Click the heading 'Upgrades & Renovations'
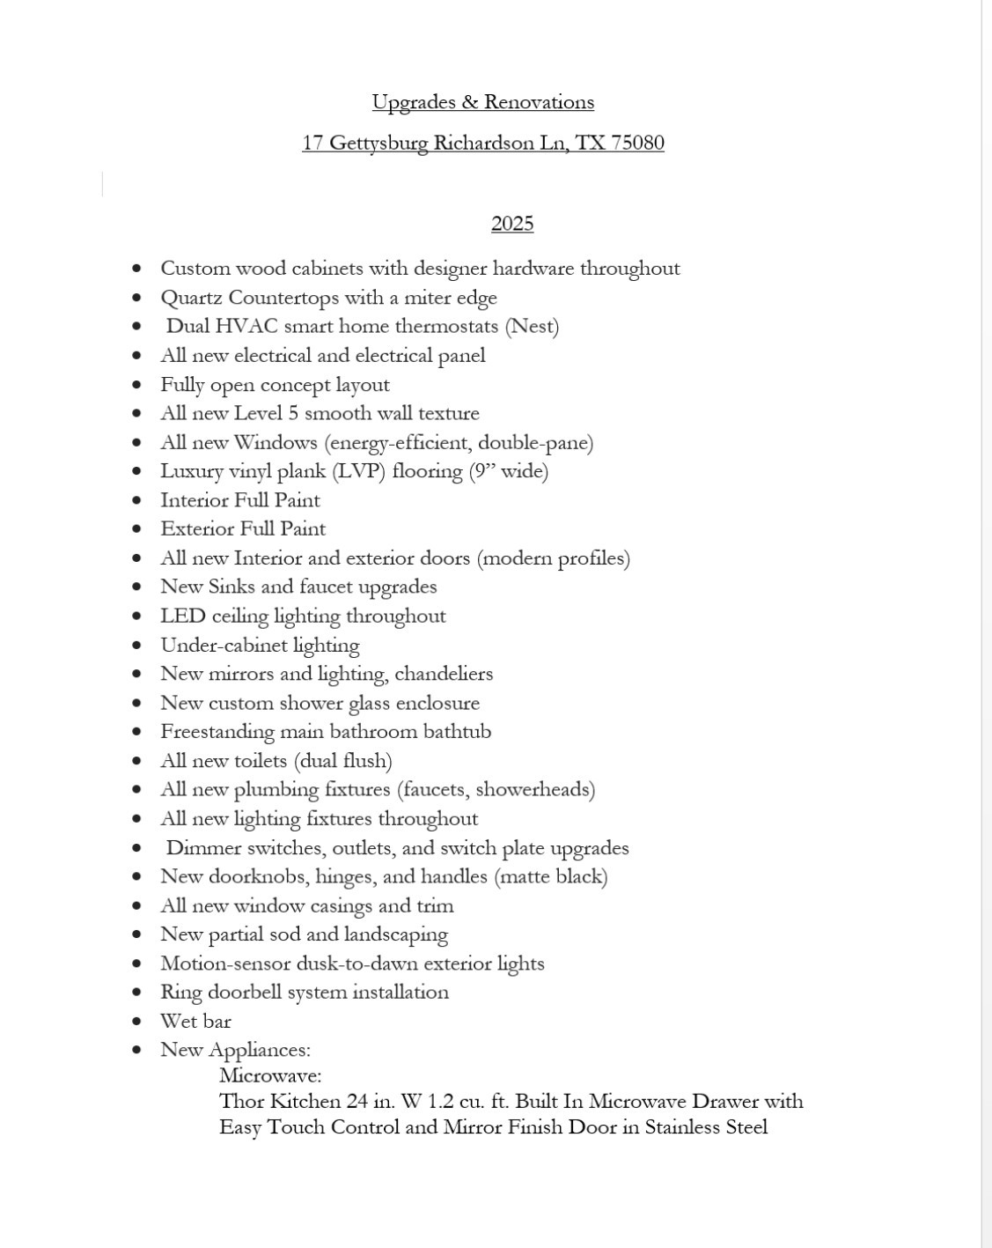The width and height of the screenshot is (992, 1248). tap(482, 102)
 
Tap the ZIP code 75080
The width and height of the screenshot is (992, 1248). tap(637, 143)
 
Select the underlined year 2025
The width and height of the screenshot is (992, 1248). tap(512, 224)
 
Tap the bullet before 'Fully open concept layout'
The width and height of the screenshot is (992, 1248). tap(136, 385)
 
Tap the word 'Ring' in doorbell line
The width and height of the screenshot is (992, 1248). tap(180, 993)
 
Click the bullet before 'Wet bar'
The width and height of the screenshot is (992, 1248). tap(136, 1022)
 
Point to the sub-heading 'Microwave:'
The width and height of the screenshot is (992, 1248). tap(270, 1075)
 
